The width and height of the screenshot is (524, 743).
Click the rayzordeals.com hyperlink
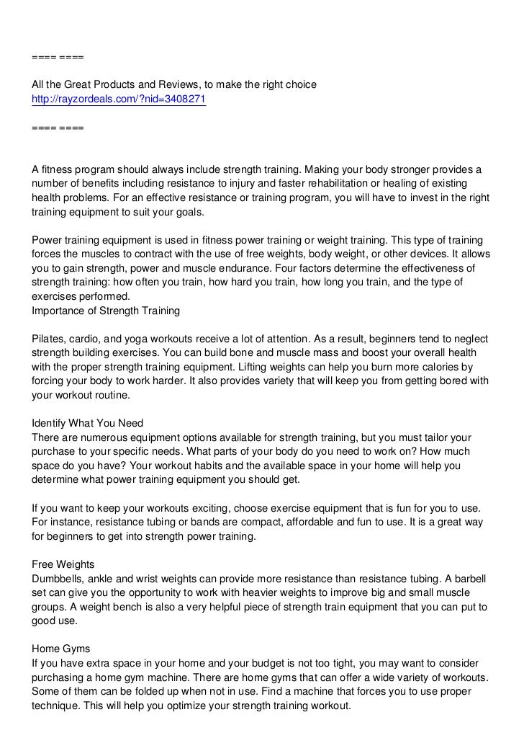(119, 99)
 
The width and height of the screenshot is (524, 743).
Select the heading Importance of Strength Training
(105, 311)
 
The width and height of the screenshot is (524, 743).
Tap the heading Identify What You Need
(88, 423)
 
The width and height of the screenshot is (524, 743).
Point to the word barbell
(469, 577)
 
